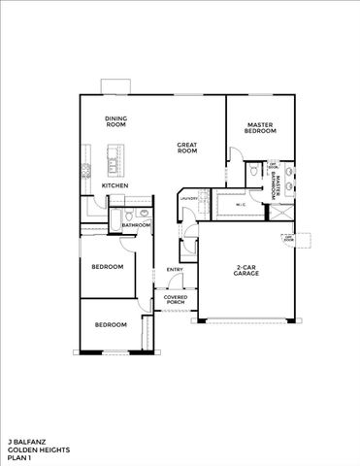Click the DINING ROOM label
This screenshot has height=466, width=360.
click(116, 121)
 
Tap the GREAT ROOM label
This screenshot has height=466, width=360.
click(187, 149)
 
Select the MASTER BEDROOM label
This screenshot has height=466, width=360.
click(259, 127)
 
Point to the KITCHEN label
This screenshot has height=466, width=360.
click(115, 184)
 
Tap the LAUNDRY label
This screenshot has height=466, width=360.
click(189, 199)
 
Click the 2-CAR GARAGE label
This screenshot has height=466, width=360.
click(245, 272)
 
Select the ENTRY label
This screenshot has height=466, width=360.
click(175, 269)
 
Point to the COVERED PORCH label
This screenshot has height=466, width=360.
click(175, 300)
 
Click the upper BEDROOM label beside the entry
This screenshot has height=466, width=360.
click(107, 266)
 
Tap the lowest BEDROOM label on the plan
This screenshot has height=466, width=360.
click(111, 324)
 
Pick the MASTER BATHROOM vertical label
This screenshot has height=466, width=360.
click(276, 184)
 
